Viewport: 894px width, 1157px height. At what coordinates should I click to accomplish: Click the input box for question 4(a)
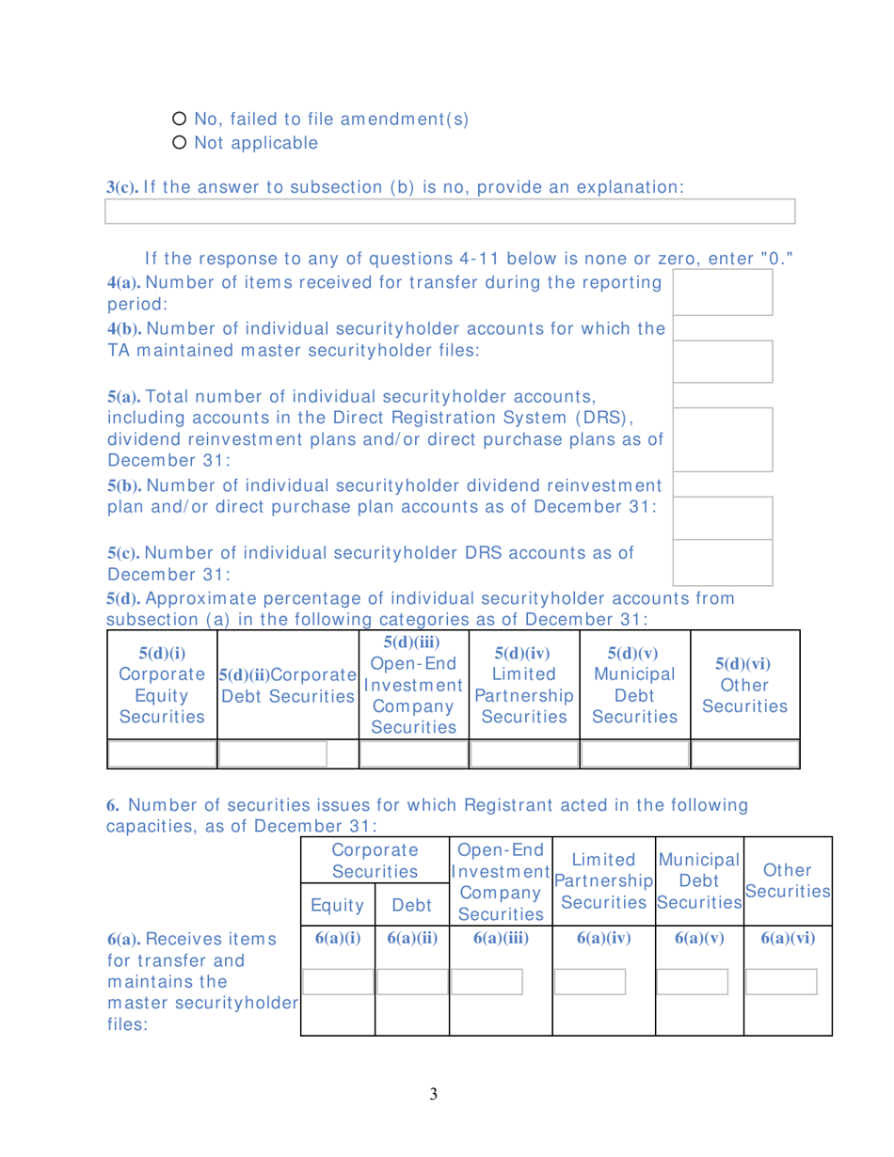click(723, 292)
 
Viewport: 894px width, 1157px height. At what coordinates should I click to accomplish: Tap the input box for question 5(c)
click(723, 563)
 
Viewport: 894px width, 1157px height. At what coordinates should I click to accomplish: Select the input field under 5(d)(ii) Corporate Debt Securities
click(273, 728)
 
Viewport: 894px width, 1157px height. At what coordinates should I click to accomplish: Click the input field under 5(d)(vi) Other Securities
click(744, 728)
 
